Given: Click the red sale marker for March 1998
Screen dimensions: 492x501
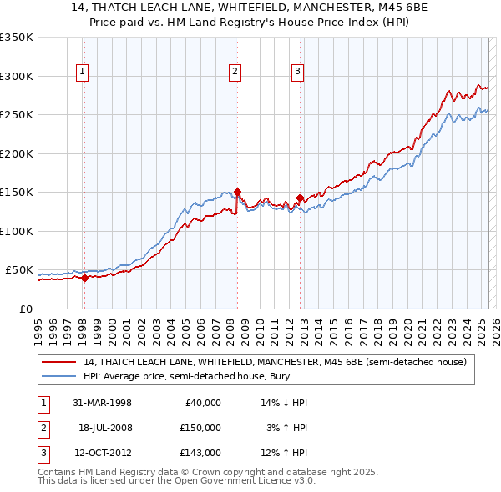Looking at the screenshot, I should click(x=84, y=279).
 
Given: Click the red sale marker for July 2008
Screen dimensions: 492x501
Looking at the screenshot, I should click(x=237, y=192).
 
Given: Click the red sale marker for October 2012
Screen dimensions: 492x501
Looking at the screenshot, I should click(x=300, y=198).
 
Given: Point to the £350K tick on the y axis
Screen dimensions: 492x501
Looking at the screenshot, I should click(x=16, y=38).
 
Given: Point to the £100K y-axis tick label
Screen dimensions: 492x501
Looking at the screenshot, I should click(x=16, y=231).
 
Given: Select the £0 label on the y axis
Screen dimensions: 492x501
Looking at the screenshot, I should click(x=25, y=309).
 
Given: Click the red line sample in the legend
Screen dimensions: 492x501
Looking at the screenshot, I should click(x=60, y=362).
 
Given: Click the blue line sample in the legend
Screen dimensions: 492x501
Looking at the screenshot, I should click(x=60, y=376).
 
